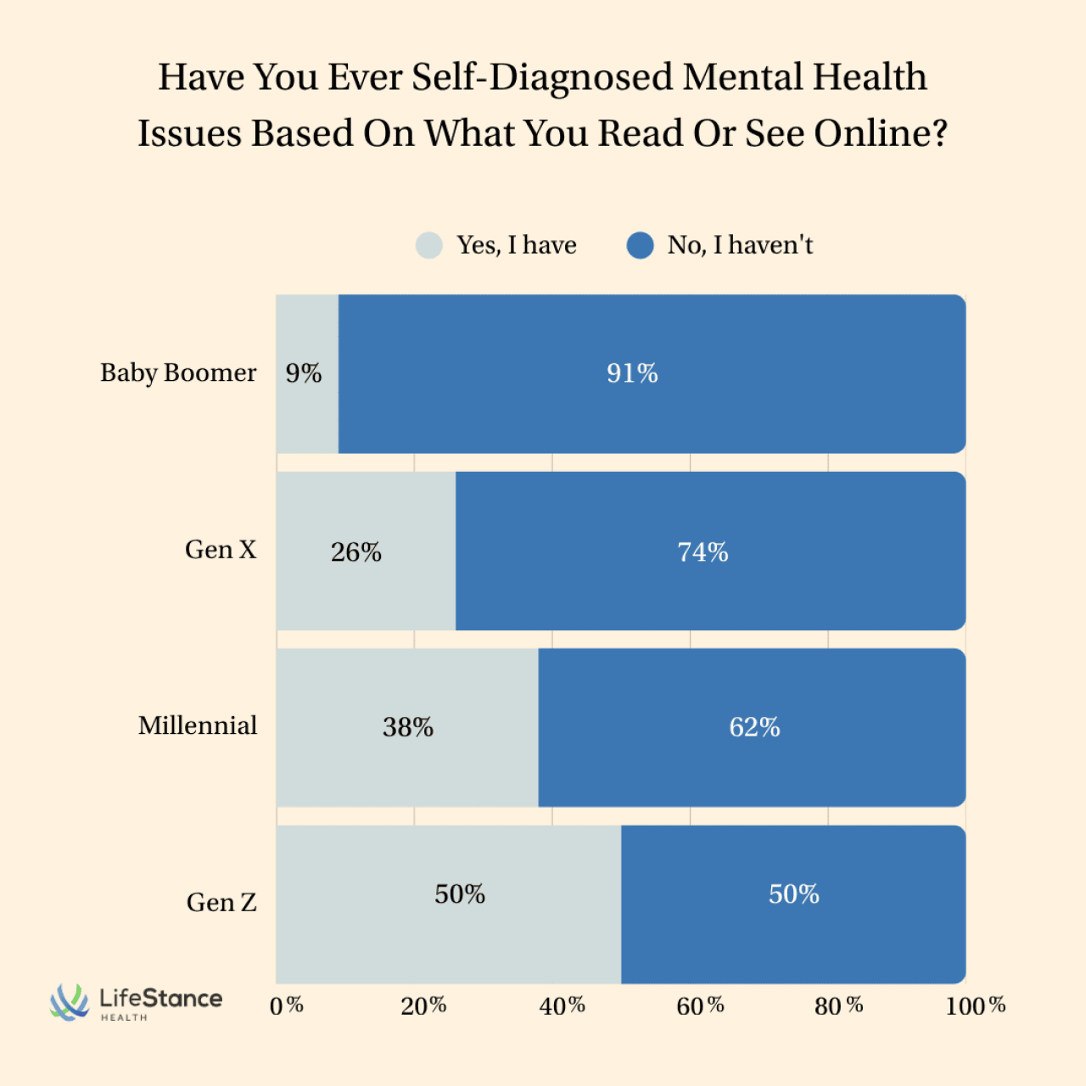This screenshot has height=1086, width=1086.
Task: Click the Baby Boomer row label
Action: pos(178,372)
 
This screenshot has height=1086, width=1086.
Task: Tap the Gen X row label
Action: pos(221,550)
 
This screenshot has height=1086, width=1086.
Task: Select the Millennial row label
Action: pos(198,725)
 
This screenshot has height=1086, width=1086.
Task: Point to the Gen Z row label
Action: pos(221,902)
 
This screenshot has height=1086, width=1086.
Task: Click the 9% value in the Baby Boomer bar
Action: pos(304,373)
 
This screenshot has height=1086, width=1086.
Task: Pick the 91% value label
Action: pos(632,373)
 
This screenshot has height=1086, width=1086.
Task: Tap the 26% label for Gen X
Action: pos(356,552)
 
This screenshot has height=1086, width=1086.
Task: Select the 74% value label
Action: pos(703,552)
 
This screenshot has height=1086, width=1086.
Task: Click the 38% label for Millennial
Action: pos(408,727)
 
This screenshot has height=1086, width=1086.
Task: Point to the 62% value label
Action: pos(754,727)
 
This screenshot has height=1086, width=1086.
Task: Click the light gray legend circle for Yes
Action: pos(429,245)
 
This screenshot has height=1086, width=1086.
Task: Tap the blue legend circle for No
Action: pos(640,245)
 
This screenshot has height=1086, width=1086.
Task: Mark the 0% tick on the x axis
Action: pos(287,1005)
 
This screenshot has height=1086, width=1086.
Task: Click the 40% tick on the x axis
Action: pos(563,1005)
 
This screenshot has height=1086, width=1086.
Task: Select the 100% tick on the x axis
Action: pos(976,1005)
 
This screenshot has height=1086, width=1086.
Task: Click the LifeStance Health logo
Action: pos(137,1002)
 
